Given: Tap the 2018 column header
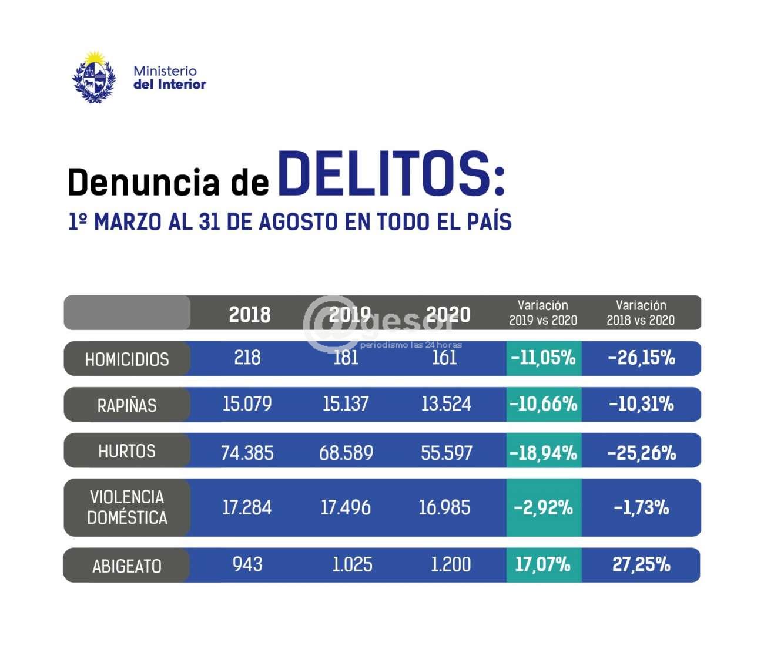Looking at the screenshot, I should pos(250,314).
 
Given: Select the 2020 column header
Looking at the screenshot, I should pos(448,314).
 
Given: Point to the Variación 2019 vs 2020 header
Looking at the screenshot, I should pos(543,312).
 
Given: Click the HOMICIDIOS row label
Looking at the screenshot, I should pos(127,359).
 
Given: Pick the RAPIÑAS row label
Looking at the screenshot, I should pos(127,405).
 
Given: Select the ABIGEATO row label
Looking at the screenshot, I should pos(127,566).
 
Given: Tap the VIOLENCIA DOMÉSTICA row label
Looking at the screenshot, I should pos(127,507).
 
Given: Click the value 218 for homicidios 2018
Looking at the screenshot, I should pos(247,358).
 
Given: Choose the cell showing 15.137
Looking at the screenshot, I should pos(346,404).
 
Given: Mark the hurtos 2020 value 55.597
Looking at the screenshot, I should pos(447,453).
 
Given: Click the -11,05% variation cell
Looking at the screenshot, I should pos(543,358).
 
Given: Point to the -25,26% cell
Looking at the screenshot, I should pos(642,453).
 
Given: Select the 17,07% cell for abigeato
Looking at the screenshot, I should pos(543,564).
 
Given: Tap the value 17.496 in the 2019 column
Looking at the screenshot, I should pos(346,507).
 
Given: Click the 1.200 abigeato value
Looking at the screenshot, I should pos(451,564).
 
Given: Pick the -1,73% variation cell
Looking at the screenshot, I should pos(642,507).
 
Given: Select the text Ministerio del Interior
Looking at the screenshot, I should pos(169,78).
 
